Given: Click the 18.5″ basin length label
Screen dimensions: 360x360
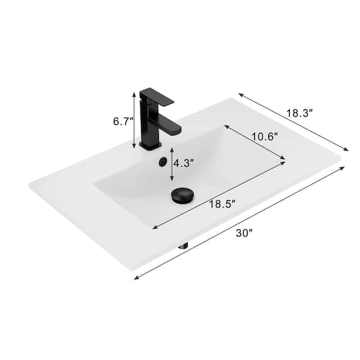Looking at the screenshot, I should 220,204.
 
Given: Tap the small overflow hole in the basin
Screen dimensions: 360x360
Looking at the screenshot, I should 161,162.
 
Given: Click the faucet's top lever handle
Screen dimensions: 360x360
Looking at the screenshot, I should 157,95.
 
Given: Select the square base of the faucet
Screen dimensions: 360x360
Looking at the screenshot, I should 150,145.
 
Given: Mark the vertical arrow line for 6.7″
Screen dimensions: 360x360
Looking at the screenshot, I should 134,119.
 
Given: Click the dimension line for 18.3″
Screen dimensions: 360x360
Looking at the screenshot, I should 293,122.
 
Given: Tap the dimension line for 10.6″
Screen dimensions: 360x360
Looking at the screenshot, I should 254,142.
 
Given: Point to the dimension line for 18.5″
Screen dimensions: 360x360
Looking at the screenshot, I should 219,193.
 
